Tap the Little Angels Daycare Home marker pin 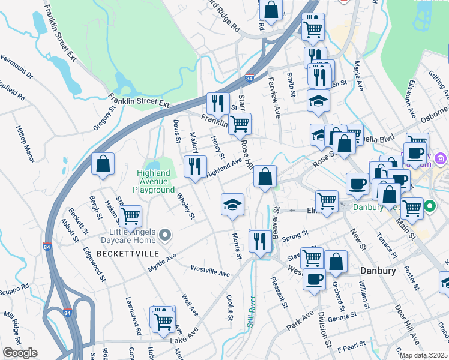[167, 234]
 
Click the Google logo [19, 352]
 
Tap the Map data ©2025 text [424, 355]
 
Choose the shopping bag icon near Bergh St [103, 164]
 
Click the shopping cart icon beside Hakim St [130, 217]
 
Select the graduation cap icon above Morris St [232, 205]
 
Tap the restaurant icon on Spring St [260, 242]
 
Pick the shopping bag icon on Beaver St [265, 177]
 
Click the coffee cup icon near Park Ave [315, 280]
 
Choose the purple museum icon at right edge [442, 159]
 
